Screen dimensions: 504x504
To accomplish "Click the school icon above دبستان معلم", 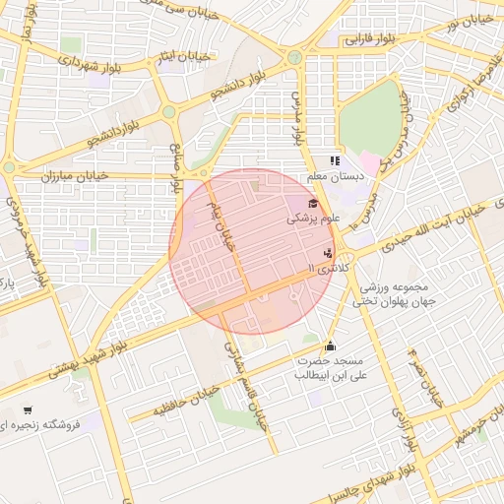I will (335, 160).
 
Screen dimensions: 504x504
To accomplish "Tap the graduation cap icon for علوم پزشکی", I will (313, 205).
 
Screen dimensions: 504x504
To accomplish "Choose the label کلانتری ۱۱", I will (329, 267).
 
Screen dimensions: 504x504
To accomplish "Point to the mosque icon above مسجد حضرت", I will (330, 346).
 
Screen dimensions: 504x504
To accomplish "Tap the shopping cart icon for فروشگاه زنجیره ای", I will (27, 410).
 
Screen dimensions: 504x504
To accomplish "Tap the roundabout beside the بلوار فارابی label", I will (294, 57).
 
